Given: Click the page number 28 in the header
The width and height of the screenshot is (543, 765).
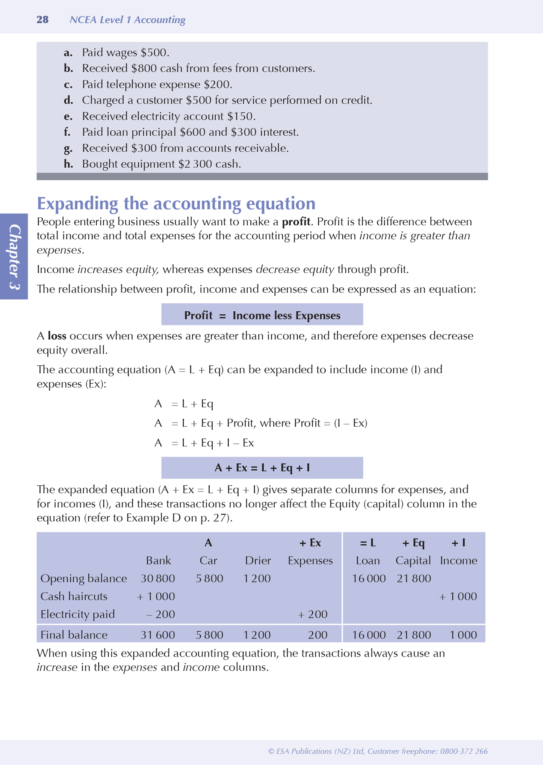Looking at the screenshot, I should coord(42,20).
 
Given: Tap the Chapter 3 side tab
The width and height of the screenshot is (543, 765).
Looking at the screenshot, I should coord(14,257).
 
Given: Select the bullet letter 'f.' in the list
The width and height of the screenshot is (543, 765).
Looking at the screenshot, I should coord(68,132).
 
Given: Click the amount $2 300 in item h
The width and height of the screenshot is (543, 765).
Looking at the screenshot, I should coord(195,164).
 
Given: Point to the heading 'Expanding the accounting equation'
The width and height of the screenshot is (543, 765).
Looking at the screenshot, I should coord(176,204).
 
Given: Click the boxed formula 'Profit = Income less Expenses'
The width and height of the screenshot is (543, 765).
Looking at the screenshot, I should coord(262,315).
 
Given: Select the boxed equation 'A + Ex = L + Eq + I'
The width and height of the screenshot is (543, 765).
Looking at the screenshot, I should coord(262,468).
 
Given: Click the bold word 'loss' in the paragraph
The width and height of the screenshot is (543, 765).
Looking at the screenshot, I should coord(57,336).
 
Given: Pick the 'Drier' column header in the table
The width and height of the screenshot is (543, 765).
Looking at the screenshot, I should coord(258,561).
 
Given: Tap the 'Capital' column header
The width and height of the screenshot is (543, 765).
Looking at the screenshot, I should coord(413,561).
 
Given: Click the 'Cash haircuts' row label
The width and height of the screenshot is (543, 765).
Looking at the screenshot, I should coord(74,596).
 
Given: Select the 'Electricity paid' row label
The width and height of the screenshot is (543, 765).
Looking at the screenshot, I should coord(77,614).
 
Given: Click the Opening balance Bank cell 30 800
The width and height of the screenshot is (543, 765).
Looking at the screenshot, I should coord(158,578).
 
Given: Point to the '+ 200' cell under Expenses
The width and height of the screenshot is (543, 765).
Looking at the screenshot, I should coord(312,614).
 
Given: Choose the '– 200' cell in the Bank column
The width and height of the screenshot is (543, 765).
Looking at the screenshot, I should coord(160,614).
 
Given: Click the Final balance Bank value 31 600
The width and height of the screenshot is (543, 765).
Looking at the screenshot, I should coord(158,635).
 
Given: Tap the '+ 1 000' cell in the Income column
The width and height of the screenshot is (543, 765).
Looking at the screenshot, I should coord(458,596).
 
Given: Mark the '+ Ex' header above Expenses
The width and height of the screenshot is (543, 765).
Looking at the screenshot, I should coord(310,543).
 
